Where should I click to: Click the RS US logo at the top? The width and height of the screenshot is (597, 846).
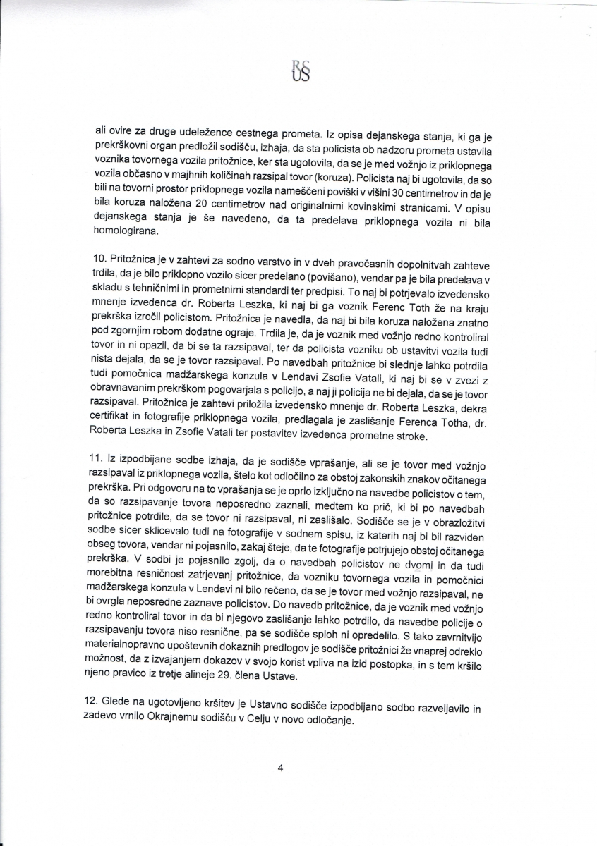pyautogui.click(x=300, y=71)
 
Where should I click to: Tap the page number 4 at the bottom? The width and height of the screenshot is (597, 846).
pyautogui.click(x=280, y=769)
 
